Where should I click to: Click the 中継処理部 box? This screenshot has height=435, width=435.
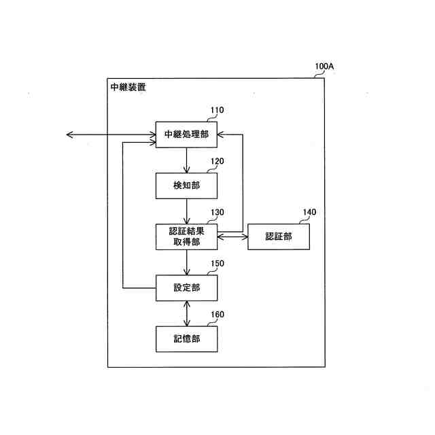(x=187, y=135)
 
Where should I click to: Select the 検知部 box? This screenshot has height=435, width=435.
(x=187, y=185)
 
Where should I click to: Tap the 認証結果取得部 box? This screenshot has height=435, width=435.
(x=187, y=237)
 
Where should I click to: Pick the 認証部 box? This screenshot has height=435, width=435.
(x=279, y=237)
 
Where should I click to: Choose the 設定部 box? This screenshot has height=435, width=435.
(x=187, y=288)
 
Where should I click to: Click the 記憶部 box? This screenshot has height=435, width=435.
(x=187, y=338)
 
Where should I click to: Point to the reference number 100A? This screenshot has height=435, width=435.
(x=324, y=68)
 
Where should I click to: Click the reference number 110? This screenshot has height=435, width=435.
(x=217, y=110)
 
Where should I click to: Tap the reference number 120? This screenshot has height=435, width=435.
(x=217, y=162)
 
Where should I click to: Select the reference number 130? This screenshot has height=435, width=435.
(x=217, y=212)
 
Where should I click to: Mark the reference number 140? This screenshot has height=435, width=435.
(x=309, y=212)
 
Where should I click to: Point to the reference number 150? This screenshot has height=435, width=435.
(x=217, y=264)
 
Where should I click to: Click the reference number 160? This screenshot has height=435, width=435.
(x=217, y=315)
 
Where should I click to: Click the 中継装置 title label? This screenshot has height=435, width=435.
(x=128, y=88)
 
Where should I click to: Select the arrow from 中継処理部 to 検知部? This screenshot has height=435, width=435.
(x=187, y=160)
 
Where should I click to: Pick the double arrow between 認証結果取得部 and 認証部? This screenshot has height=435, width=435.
(x=232, y=237)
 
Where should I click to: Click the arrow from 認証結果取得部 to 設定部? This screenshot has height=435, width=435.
(x=187, y=262)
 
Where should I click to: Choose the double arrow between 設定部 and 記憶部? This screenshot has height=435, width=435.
(x=187, y=313)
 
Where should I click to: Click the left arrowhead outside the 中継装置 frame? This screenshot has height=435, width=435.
(x=69, y=135)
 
